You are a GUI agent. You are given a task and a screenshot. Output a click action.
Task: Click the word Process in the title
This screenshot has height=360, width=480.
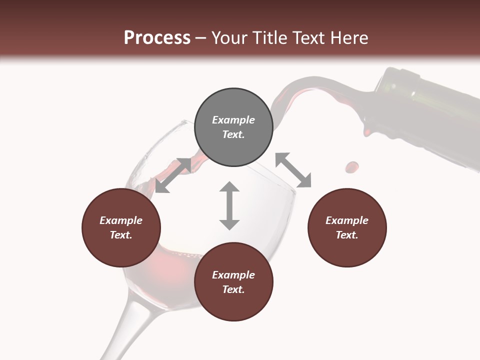coord(157,38)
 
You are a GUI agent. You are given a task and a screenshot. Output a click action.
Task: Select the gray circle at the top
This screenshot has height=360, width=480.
coord(233,127)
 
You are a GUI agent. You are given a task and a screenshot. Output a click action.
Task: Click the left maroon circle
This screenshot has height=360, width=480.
coord(121,227)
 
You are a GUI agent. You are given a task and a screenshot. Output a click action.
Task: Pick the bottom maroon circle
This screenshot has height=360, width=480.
coord(233,282)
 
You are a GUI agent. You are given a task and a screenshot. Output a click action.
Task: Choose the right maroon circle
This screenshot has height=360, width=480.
coord(347,227)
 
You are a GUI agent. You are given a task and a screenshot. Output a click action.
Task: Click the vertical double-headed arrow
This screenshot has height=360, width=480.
coord(229,205)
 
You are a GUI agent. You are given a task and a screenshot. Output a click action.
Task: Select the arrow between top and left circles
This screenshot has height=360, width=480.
coord(173,175)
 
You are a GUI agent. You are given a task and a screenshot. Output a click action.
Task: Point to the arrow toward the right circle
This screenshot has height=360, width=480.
coord(293,170)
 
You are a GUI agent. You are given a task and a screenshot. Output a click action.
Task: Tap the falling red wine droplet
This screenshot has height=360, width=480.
coord(352,166)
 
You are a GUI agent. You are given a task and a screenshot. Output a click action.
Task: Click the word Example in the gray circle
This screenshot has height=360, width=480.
coord(233,120)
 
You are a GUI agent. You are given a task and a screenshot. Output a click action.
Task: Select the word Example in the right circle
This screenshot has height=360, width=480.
coord(347,220)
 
